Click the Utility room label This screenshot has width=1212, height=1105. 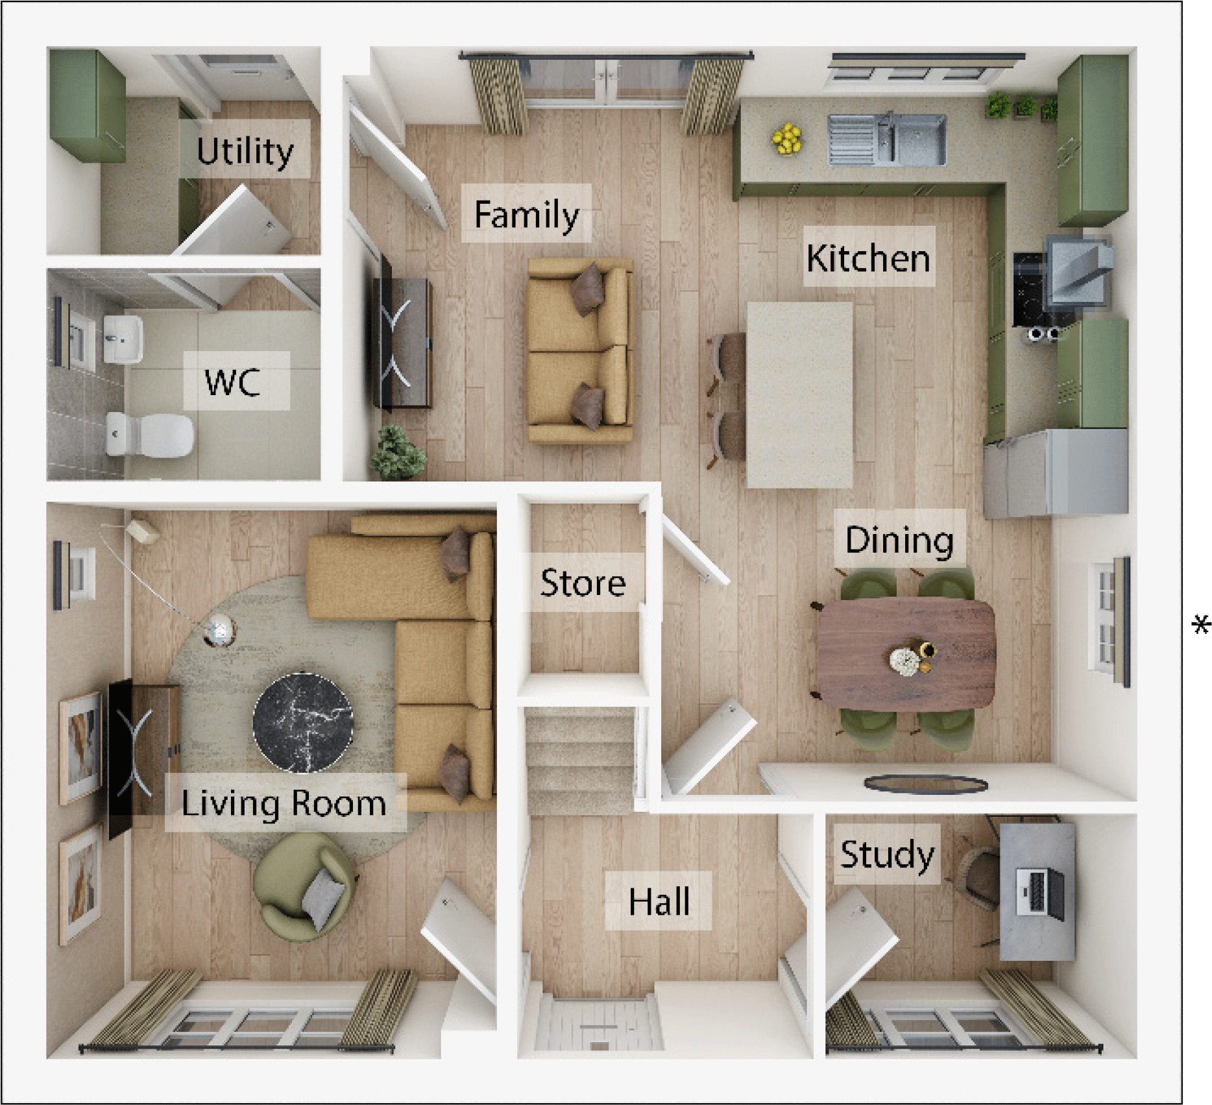pyautogui.click(x=245, y=151)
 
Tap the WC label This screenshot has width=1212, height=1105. pyautogui.click(x=233, y=382)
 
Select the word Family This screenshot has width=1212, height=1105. pyautogui.click(x=526, y=214)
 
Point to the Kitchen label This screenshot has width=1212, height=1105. pyautogui.click(x=868, y=258)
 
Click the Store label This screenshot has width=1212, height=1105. pyautogui.click(x=583, y=582)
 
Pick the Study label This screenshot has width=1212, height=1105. pyautogui.click(x=886, y=854)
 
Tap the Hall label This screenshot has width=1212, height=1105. pyautogui.click(x=659, y=901)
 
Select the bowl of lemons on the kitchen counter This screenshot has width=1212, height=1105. pyautogui.click(x=787, y=138)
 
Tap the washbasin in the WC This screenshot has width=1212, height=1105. pyautogui.click(x=123, y=339)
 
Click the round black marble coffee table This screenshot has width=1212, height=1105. pyautogui.click(x=303, y=722)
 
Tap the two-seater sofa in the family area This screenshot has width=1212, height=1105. pyautogui.click(x=579, y=350)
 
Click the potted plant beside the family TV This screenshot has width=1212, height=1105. pyautogui.click(x=397, y=452)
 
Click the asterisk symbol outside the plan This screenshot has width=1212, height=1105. pyautogui.click(x=1201, y=625)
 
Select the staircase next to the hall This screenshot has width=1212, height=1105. pyautogui.click(x=579, y=759)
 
